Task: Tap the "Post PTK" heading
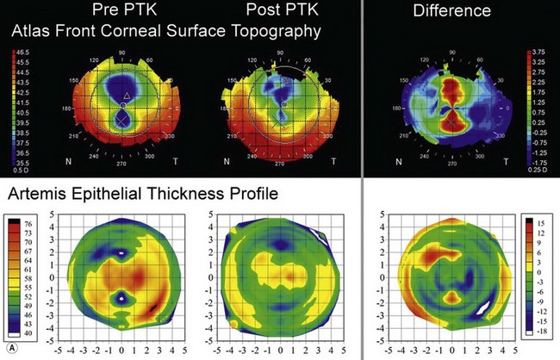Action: [x=271, y=11]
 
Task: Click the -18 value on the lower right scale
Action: [x=543, y=328]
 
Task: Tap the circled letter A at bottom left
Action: [x=9, y=349]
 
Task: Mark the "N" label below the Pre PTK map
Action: [x=69, y=161]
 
